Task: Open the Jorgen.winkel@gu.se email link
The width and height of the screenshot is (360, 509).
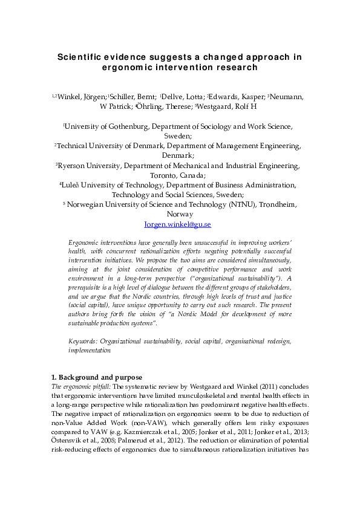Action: coord(178,224)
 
